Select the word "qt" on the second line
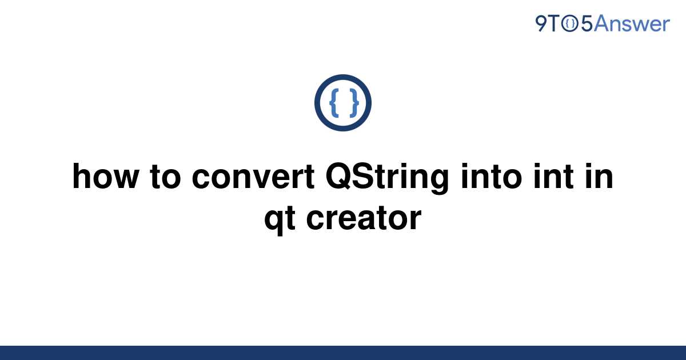pyautogui.click(x=280, y=219)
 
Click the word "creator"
pyautogui.click(x=364, y=218)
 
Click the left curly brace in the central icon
pyautogui.click(x=334, y=102)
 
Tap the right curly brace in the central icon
pyautogui.click(x=354, y=102)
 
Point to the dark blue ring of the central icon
pyautogui.click(x=317, y=103)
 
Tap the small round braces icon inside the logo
pyautogui.click(x=570, y=24)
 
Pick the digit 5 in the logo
pyautogui.click(x=587, y=24)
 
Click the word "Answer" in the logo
pyautogui.click(x=632, y=23)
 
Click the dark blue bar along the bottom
pyautogui.click(x=343, y=353)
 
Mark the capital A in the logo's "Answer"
pyautogui.click(x=601, y=23)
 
